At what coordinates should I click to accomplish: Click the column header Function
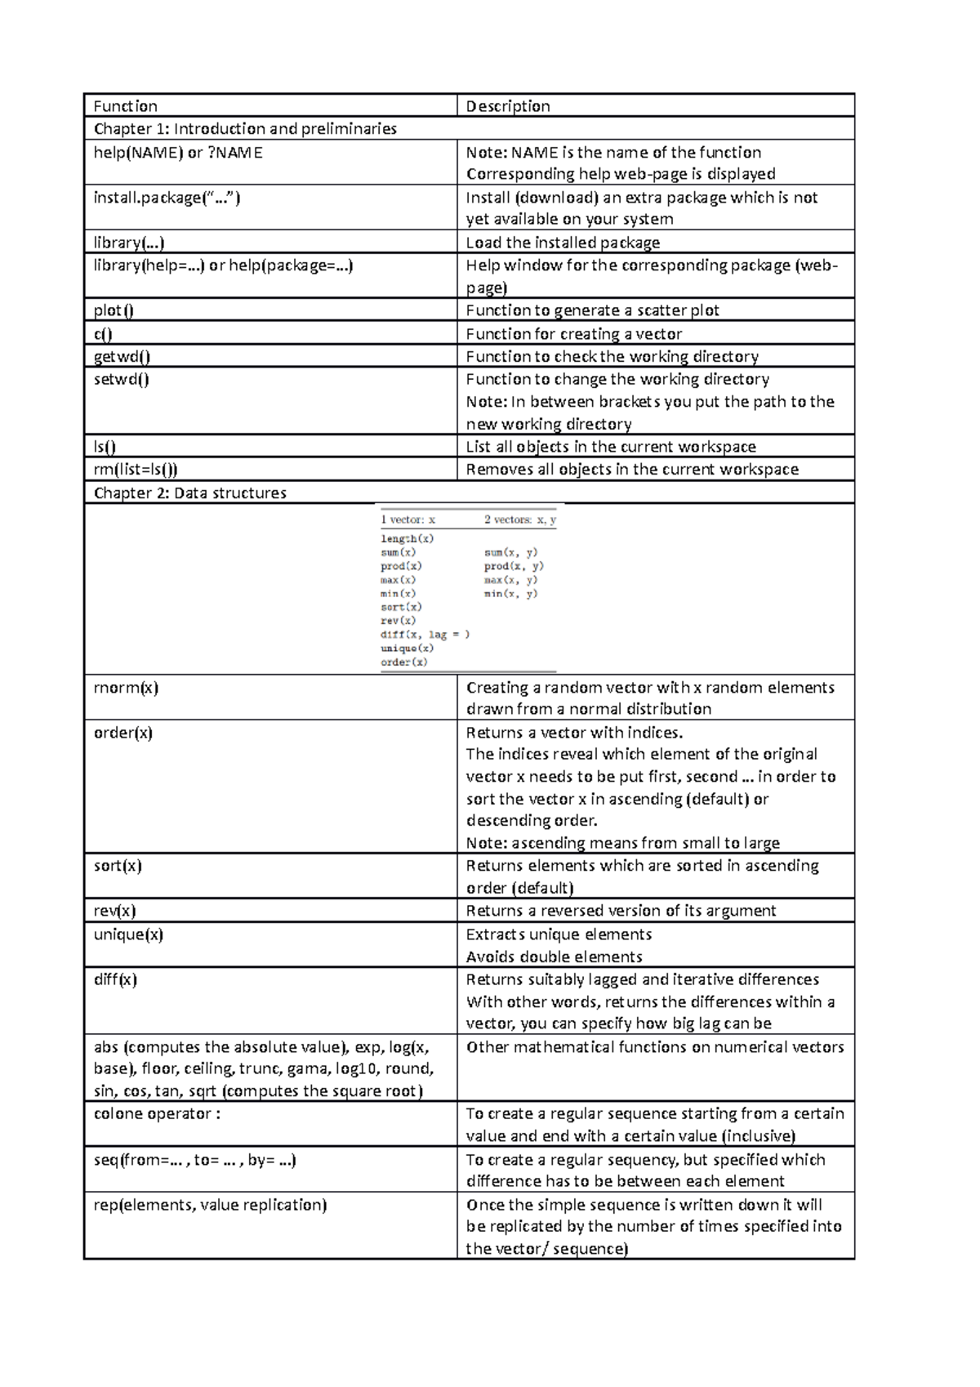(x=126, y=106)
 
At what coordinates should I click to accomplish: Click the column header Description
(x=507, y=106)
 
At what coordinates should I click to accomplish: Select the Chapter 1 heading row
(x=245, y=129)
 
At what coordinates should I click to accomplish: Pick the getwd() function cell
(x=122, y=357)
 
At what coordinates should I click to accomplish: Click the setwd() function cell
(x=121, y=379)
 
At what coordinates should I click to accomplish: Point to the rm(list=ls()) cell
(x=136, y=470)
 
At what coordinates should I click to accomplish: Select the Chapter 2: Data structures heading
(x=190, y=493)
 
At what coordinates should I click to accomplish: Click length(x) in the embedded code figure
(x=407, y=538)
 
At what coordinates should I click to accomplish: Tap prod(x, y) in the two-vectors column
(x=514, y=566)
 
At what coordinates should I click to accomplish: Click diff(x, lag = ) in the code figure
(x=425, y=635)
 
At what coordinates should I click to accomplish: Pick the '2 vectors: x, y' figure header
(x=520, y=520)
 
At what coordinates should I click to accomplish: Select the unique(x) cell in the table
(x=128, y=934)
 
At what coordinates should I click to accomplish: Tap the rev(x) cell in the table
(x=114, y=911)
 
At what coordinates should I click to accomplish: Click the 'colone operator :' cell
(x=157, y=1114)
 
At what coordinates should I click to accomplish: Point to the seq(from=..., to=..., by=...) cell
(x=194, y=1160)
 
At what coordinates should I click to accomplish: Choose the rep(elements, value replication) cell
(x=210, y=1205)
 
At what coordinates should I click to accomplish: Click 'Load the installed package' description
(x=563, y=243)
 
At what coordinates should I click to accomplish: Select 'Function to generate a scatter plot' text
(x=592, y=310)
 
